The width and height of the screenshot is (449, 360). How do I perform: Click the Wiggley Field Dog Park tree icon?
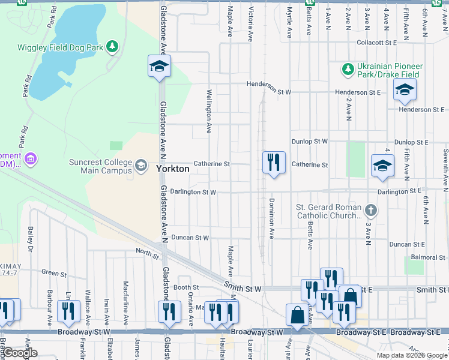pos(112,46)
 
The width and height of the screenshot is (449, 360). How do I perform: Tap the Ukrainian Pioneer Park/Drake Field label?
pos(390,70)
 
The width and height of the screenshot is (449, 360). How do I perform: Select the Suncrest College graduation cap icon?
pos(141,166)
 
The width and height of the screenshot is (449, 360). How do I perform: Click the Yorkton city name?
pos(173,169)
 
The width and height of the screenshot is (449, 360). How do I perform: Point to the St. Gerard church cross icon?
pos(371,210)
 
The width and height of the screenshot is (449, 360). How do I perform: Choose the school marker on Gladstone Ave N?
pos(159,67)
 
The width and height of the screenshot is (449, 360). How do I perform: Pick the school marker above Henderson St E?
pos(405,91)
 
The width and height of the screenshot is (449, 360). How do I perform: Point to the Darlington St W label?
pos(193,192)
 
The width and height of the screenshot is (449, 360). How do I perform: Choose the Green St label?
pos(53,273)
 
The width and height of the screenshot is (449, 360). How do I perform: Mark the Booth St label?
pos(186,287)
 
